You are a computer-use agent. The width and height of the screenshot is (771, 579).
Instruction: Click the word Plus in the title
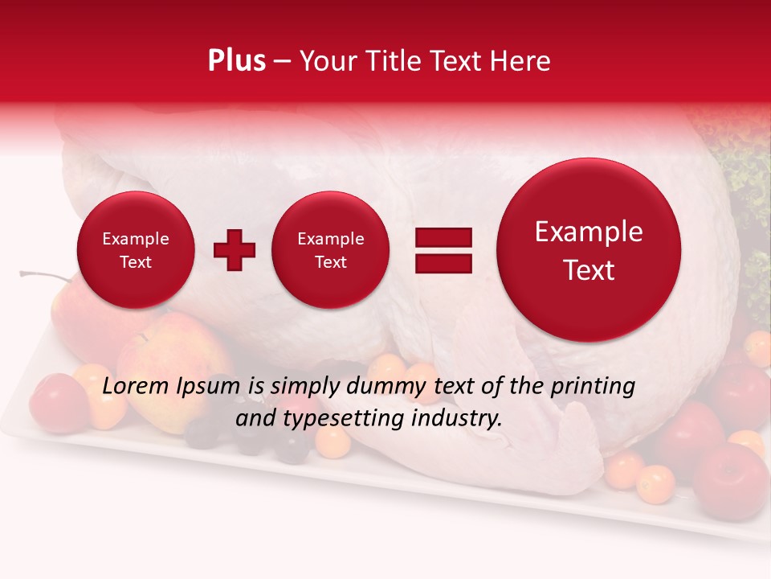pos(236,61)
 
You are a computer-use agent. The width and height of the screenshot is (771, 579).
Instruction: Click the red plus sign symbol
pos(235,249)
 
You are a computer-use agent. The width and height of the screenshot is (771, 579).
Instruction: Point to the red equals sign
pos(443,250)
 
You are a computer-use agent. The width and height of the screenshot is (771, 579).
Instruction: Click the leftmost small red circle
pos(135,250)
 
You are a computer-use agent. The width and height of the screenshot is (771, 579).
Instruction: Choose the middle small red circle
pos(330,250)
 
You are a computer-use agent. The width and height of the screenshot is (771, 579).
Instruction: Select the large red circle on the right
pos(589,250)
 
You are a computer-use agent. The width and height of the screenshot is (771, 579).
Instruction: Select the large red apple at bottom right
pos(730,481)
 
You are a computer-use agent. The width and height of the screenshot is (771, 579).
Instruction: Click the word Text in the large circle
pos(589,270)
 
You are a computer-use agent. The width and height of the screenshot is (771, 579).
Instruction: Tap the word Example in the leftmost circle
pos(135,239)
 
